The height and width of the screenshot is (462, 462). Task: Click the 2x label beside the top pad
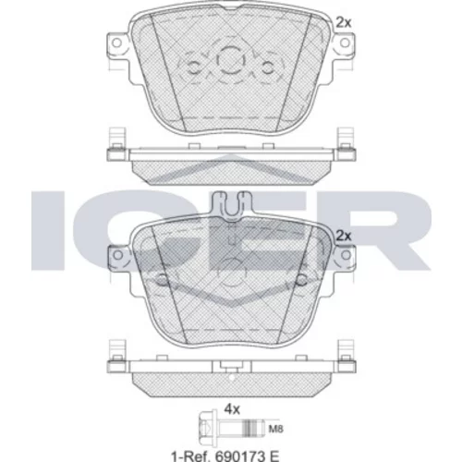pos(343,22)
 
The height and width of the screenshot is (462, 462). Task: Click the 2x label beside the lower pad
pos(343,236)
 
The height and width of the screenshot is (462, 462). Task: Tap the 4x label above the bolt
pos(232,409)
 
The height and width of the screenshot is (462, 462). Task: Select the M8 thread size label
pos(275,429)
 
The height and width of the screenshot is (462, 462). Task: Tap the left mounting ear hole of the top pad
pos(116,43)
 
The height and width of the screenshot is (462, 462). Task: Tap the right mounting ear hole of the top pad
pos(346,43)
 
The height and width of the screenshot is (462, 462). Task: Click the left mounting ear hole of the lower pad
pos(117,255)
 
